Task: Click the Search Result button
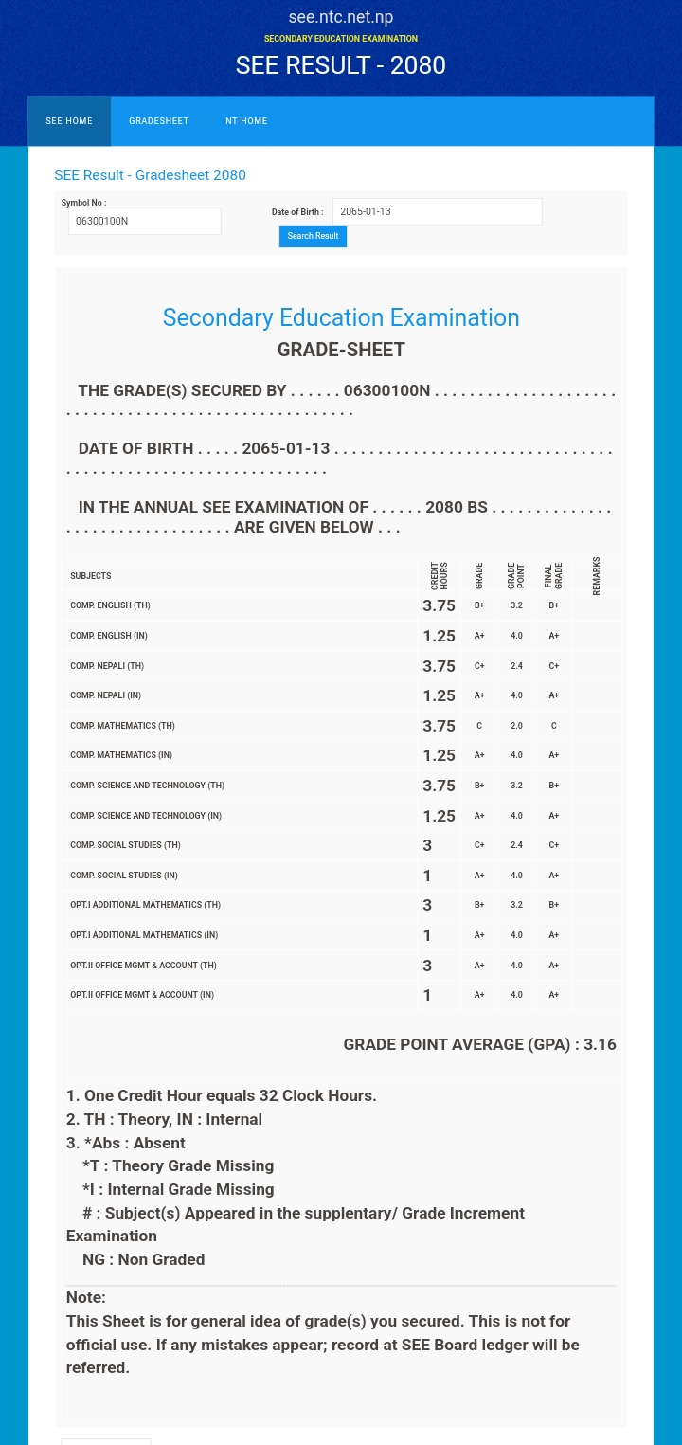(313, 236)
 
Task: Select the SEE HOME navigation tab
(69, 121)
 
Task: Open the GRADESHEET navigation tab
(159, 121)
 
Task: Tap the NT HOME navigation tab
(246, 121)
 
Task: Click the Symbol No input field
(144, 221)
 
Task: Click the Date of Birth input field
(437, 211)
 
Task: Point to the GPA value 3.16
(600, 1044)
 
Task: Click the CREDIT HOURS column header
(440, 575)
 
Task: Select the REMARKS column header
(597, 575)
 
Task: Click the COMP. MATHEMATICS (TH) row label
(122, 726)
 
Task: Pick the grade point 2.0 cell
(516, 726)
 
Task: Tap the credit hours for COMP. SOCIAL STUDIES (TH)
(427, 845)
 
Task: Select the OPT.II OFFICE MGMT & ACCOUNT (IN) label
(142, 995)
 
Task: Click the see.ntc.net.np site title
(341, 17)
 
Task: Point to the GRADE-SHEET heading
(341, 350)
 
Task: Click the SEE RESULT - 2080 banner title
(341, 64)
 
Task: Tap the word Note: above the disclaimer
(86, 1297)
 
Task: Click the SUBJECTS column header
(91, 576)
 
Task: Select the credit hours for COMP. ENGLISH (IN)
(439, 636)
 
